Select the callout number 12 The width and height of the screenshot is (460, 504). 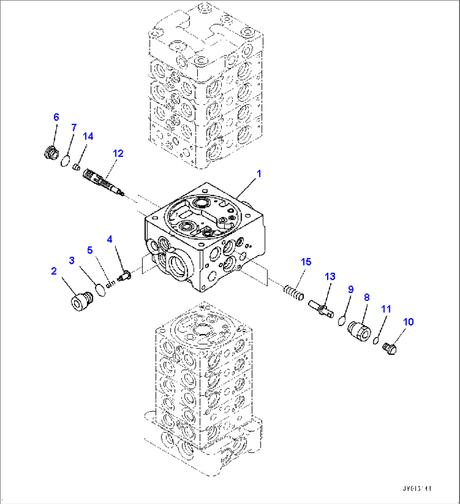(118, 153)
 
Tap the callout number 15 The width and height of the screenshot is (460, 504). (306, 262)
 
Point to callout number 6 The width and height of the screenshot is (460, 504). (56, 117)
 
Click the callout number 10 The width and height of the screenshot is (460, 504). (408, 322)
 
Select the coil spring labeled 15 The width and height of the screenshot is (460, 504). (293, 292)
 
